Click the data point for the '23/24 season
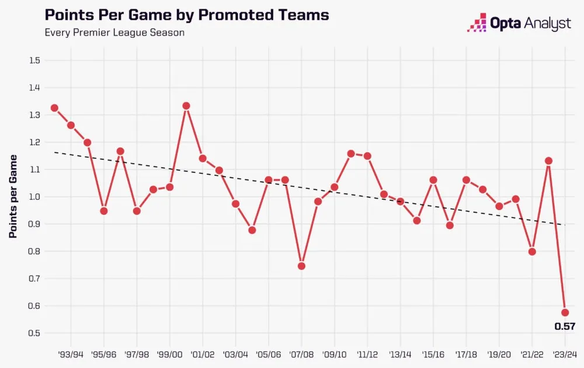tap(565, 313)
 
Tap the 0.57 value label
tap(564, 327)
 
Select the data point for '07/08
tap(301, 266)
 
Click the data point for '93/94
tap(71, 125)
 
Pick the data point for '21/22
tap(532, 252)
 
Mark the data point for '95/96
tap(104, 211)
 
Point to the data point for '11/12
tap(367, 156)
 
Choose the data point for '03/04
tap(235, 204)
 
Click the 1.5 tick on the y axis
tap(34, 60)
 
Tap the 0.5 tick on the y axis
tap(34, 333)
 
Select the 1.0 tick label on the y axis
tap(34, 197)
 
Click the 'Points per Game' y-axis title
tap(13, 196)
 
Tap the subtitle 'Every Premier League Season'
tap(114, 32)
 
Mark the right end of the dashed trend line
tap(565, 225)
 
